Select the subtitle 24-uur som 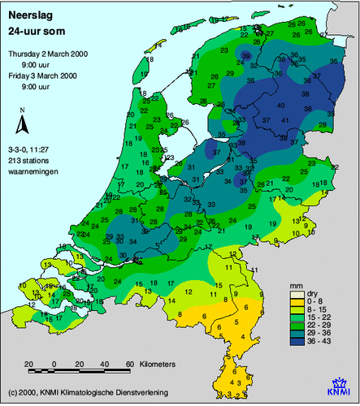pyautogui.click(x=35, y=31)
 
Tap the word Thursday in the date pyautogui.click(x=28, y=53)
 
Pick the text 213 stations pyautogui.click(x=28, y=159)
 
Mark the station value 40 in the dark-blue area pyautogui.click(x=280, y=105)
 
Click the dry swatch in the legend pyautogui.click(x=297, y=296)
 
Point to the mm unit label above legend pyautogui.click(x=296, y=287)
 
